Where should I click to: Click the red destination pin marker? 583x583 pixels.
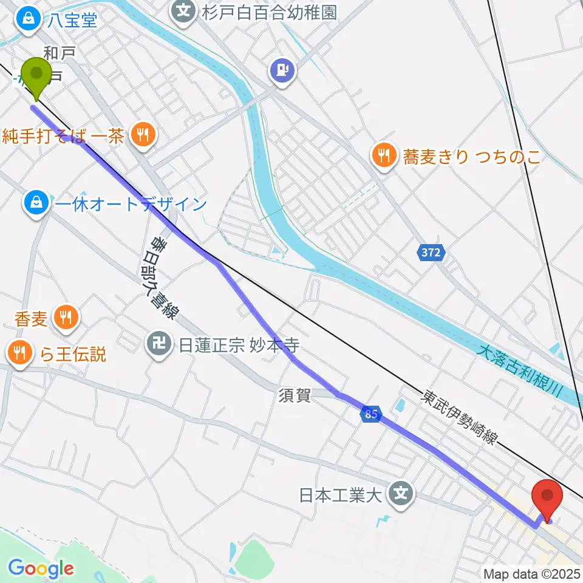coord(547,499)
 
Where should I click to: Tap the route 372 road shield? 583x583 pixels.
coord(431,252)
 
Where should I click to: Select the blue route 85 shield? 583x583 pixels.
coord(371,414)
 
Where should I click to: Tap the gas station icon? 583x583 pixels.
coord(282,70)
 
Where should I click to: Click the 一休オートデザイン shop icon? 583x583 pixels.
coord(36,203)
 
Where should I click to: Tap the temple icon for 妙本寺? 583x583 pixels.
coord(159,346)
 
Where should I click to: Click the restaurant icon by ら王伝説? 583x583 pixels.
coord(20,352)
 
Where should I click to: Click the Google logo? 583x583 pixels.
coord(41,569)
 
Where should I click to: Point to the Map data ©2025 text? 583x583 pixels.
coord(531,573)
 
